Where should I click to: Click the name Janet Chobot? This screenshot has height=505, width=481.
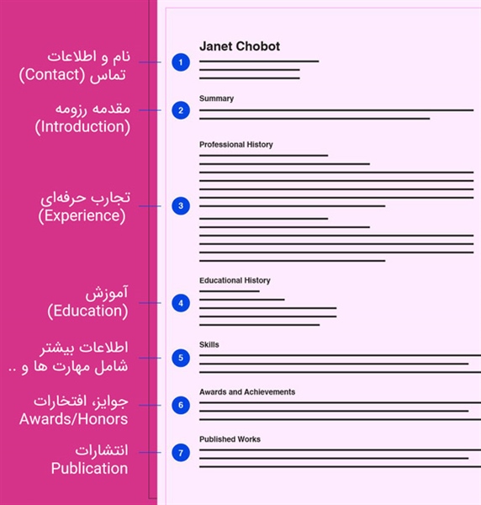pyautogui.click(x=240, y=46)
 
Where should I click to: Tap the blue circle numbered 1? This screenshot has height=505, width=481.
pyautogui.click(x=180, y=62)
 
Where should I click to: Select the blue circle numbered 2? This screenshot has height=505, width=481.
pyautogui.click(x=180, y=110)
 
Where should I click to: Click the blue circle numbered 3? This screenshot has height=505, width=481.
pyautogui.click(x=180, y=205)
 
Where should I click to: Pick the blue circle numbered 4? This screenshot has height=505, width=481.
pyautogui.click(x=180, y=303)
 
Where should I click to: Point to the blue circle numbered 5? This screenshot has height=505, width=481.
pyautogui.click(x=180, y=358)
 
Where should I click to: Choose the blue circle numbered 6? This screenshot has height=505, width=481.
pyautogui.click(x=180, y=405)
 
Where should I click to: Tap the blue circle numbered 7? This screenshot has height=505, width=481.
pyautogui.click(x=180, y=453)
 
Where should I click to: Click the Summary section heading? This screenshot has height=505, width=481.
pyautogui.click(x=216, y=98)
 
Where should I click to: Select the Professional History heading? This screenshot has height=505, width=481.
pyautogui.click(x=235, y=145)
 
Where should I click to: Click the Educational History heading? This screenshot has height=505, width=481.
pyautogui.click(x=235, y=280)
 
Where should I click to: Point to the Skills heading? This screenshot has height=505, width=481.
pyautogui.click(x=209, y=344)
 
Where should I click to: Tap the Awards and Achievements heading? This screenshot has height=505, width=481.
pyautogui.click(x=247, y=391)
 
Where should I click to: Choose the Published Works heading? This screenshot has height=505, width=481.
pyautogui.click(x=230, y=439)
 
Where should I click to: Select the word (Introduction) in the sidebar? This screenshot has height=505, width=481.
pyautogui.click(x=82, y=127)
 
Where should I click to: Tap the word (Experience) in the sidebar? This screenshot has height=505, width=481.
pyautogui.click(x=82, y=216)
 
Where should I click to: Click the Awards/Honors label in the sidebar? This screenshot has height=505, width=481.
pyautogui.click(x=73, y=418)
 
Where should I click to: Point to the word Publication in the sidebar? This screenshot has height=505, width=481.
pyautogui.click(x=89, y=468)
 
